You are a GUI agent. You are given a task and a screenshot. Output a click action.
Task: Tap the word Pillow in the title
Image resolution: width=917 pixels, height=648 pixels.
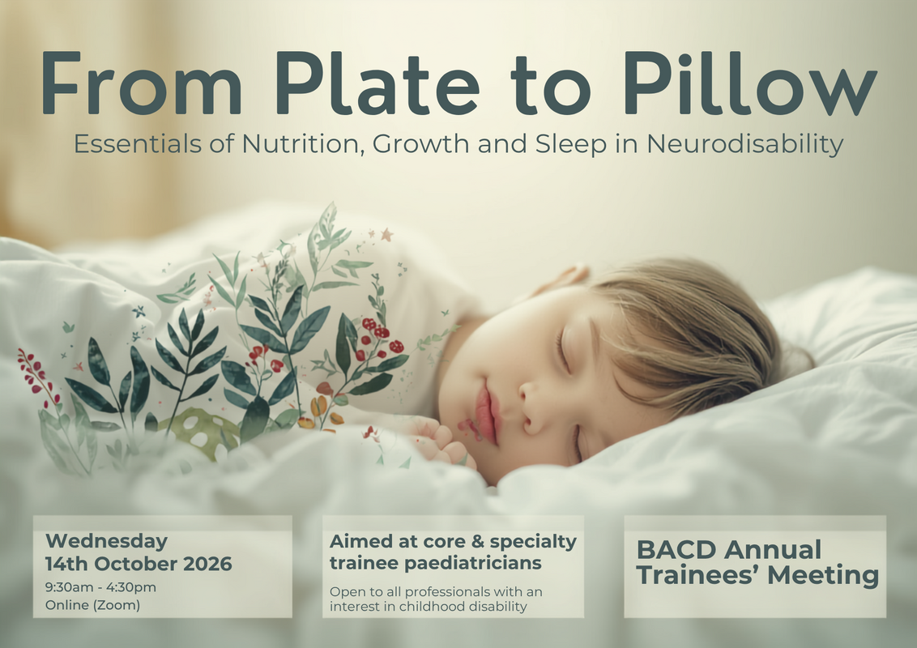[x=749, y=83]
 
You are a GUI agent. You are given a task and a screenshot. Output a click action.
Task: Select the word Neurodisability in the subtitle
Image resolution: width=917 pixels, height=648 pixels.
[x=744, y=144]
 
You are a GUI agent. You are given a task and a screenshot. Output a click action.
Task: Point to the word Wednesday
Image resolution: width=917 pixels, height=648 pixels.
[x=106, y=541]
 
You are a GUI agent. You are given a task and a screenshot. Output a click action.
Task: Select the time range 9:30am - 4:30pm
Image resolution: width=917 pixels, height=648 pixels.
[x=100, y=587]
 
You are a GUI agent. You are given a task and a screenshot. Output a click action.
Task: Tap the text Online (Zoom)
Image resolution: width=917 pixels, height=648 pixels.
[x=92, y=605]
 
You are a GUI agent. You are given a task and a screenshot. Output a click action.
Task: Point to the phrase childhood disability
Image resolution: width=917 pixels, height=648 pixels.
[x=463, y=607]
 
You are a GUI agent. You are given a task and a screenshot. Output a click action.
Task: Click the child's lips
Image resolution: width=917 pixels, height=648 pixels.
[x=487, y=413]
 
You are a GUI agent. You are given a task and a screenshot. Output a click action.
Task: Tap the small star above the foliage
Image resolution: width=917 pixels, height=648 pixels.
[x=386, y=235]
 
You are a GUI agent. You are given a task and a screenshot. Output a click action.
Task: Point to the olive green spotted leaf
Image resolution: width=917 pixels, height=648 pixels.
[x=201, y=432]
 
